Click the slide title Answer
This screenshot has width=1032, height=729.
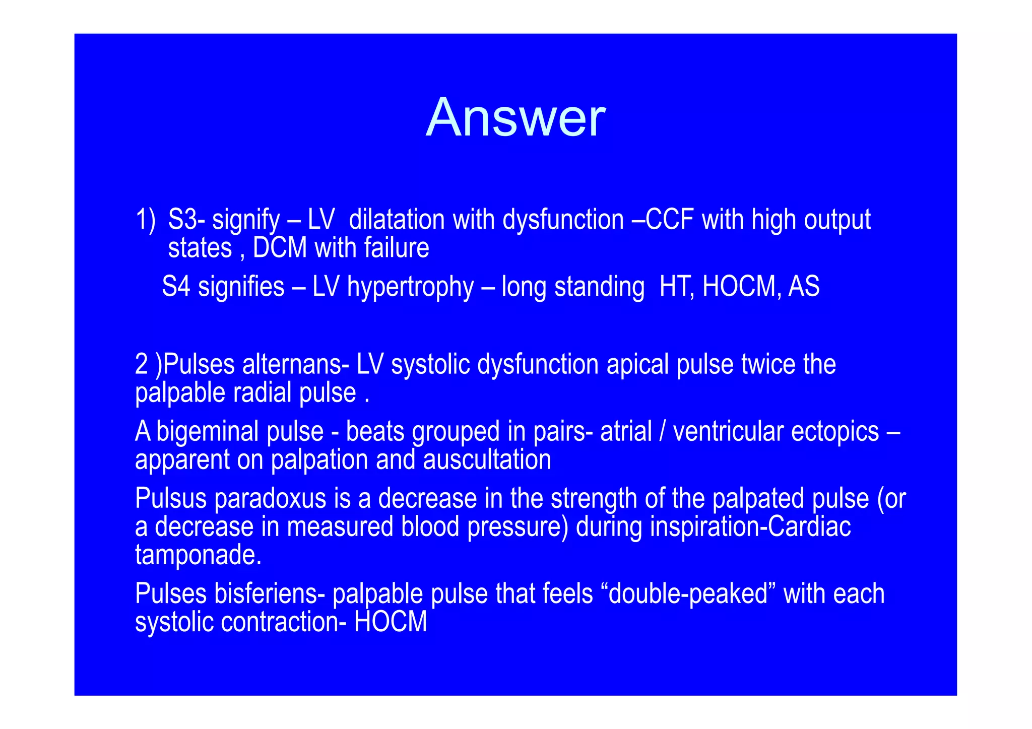click(515, 118)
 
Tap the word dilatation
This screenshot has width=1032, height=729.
click(397, 220)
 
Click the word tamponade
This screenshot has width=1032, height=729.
click(198, 555)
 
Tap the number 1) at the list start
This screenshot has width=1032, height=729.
click(146, 220)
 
